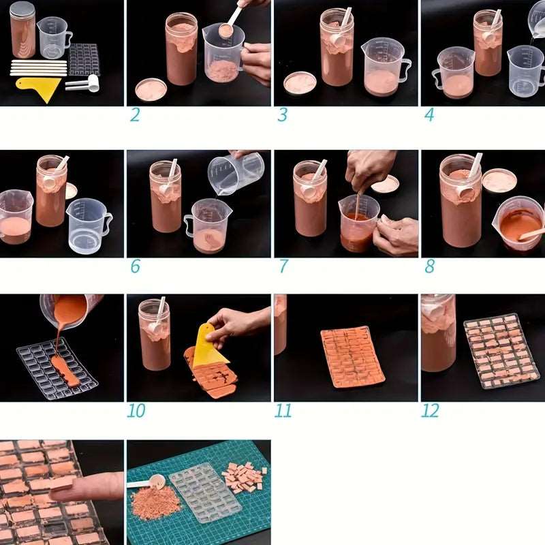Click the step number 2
click(135, 114)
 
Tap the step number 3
click(283, 114)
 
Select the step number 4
click(430, 114)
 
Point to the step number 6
click(135, 266)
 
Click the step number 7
click(283, 266)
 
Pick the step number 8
click(430, 266)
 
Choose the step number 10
click(136, 411)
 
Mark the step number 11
click(283, 411)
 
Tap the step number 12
click(431, 411)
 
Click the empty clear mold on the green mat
click(206, 493)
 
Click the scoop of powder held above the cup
click(226, 31)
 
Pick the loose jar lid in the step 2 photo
click(151, 89)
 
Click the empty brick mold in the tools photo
click(84, 59)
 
